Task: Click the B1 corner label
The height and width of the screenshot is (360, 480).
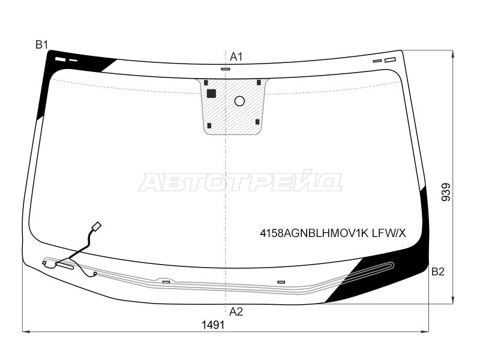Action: [41, 45]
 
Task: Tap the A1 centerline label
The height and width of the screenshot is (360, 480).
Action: [236, 56]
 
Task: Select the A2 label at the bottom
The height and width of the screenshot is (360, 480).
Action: [236, 311]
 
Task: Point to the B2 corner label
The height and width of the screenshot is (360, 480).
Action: [438, 272]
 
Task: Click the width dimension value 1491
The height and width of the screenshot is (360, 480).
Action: [213, 325]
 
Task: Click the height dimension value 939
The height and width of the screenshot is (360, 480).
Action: [446, 192]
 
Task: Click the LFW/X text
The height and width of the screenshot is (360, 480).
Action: [389, 233]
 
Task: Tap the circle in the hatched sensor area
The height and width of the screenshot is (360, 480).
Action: [239, 101]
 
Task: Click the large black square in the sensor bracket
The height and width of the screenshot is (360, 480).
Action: [212, 94]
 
